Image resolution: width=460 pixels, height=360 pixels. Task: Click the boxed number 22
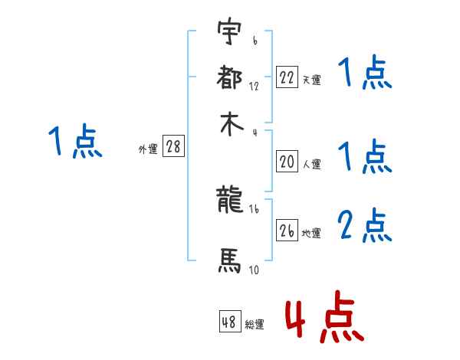tap(286, 77)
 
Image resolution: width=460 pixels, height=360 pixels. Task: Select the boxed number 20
tap(286, 161)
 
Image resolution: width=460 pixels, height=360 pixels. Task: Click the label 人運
tap(311, 164)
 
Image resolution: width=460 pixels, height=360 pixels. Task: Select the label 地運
tap(311, 233)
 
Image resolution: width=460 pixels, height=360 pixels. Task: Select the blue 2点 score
tap(365, 227)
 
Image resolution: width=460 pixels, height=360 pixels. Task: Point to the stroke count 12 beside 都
tap(254, 86)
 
